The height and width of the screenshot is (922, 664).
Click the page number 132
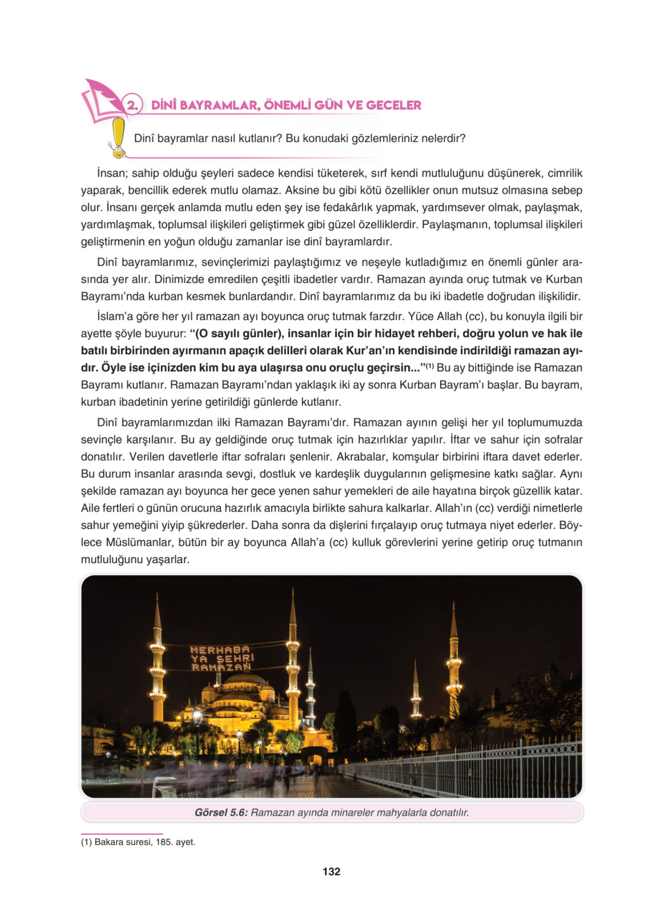331,871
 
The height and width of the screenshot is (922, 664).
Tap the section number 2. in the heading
133,106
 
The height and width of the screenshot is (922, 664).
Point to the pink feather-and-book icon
102,100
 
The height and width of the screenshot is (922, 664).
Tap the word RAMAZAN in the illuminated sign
221,667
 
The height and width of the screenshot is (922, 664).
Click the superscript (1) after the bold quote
430,366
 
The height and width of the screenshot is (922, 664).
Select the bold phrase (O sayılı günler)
239,334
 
